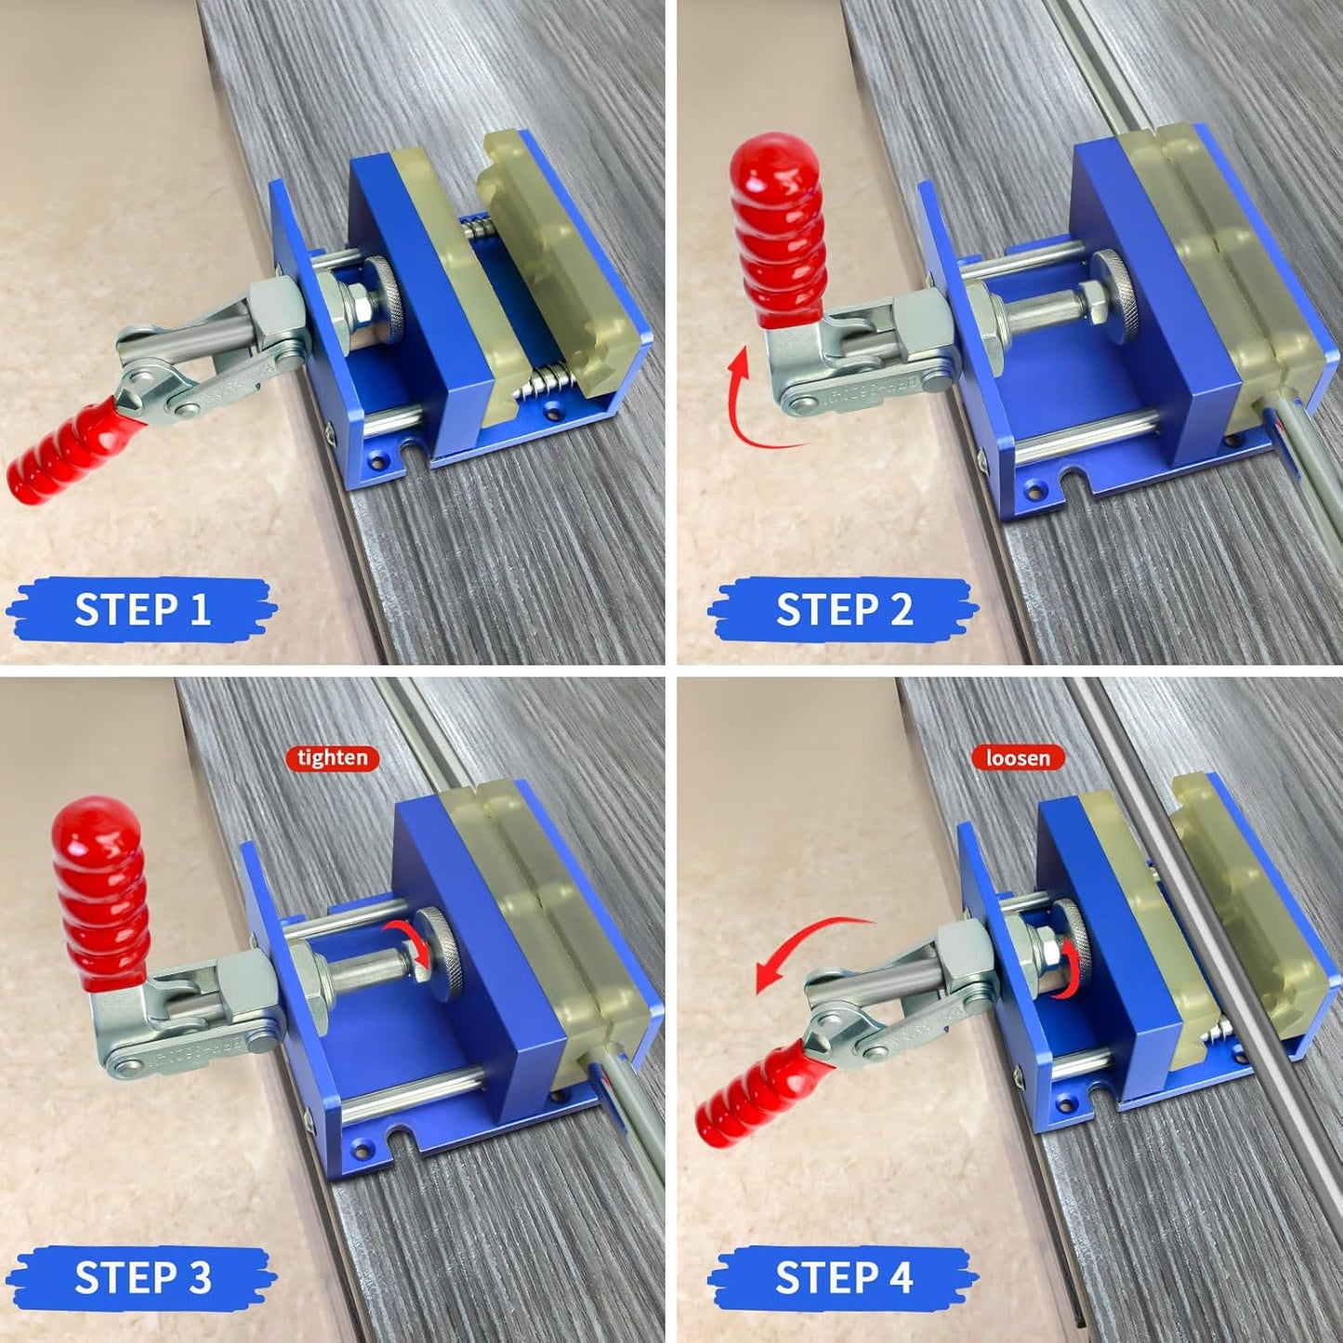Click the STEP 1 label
tap(141, 610)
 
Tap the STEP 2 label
tap(843, 610)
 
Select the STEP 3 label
tap(141, 1278)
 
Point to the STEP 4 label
tap(843, 1278)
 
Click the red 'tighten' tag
tap(333, 757)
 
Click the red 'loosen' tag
tap(1018, 757)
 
